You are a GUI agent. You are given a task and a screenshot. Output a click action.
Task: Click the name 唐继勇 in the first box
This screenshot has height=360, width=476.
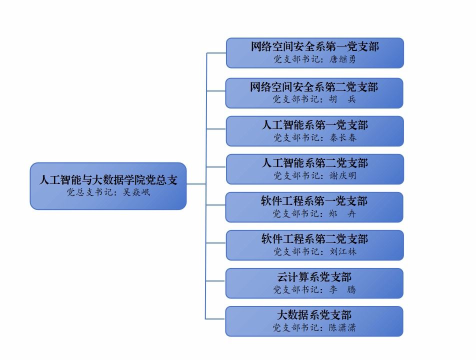coord(342,59)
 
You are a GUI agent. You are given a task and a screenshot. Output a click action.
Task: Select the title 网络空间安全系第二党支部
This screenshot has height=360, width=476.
coord(314,87)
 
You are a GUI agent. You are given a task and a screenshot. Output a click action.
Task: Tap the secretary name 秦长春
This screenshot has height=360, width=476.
coord(343,138)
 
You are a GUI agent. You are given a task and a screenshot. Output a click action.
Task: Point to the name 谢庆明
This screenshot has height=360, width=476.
coord(343,176)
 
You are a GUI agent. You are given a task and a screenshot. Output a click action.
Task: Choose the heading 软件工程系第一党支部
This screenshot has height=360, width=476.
coord(314,201)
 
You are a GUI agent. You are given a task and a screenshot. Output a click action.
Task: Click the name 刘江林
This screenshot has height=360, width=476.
coord(343,252)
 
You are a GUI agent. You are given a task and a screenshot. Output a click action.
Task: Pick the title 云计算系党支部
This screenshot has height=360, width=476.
coord(314,277)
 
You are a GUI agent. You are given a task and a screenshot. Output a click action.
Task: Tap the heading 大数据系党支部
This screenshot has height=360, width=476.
coord(314,315)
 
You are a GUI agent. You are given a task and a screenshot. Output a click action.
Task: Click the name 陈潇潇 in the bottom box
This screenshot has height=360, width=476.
coord(342,328)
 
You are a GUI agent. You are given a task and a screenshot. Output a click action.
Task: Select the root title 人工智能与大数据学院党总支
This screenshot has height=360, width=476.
coord(108,180)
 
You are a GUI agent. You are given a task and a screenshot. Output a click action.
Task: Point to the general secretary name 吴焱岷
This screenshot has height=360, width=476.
coord(136,192)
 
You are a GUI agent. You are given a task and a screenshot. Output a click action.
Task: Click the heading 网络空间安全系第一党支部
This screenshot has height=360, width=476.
coord(314,46)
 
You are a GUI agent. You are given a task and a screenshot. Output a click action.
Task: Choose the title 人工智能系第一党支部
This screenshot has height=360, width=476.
coord(314,125)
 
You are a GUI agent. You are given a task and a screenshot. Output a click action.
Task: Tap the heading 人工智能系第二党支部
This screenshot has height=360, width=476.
coord(314,163)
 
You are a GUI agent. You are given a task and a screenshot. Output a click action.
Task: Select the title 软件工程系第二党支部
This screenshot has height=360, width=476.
coord(314,239)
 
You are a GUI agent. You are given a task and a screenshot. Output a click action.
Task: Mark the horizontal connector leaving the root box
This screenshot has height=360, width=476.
coord(196,184)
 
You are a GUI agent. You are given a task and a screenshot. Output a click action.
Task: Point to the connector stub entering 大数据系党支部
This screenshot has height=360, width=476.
coord(215,319)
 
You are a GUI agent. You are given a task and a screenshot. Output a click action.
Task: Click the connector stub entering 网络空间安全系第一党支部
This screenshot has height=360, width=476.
coord(216,52)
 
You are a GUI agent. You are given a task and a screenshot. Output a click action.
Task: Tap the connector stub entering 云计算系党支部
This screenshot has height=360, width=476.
coord(215,281)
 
